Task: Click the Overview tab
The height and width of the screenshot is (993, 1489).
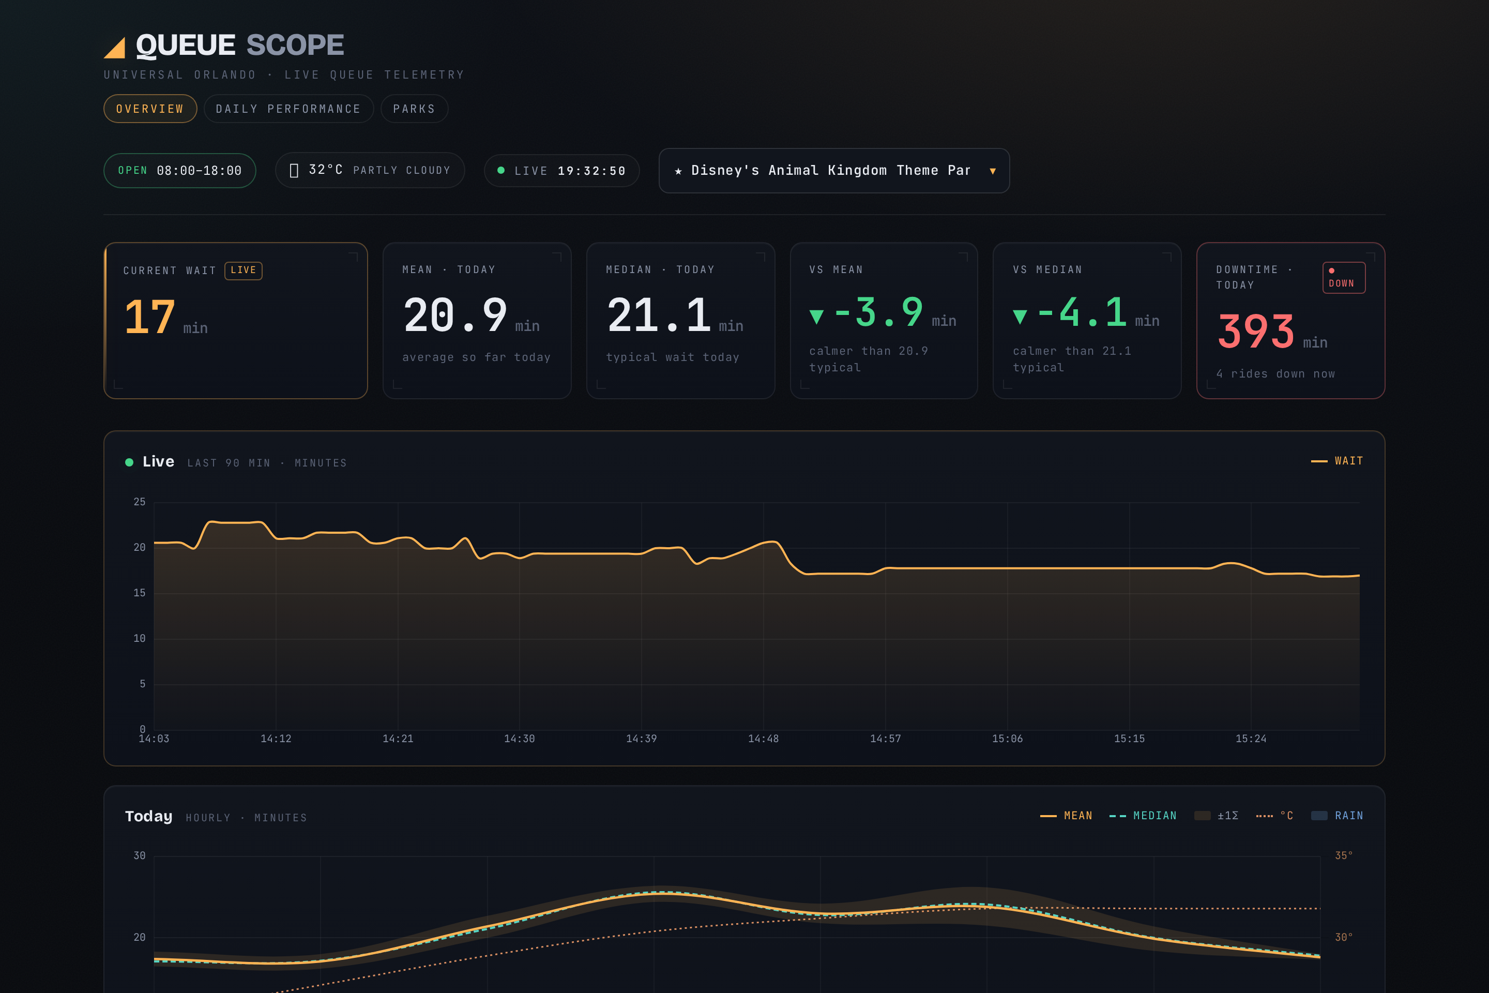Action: pyautogui.click(x=150, y=109)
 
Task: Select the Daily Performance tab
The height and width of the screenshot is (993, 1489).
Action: pyautogui.click(x=288, y=109)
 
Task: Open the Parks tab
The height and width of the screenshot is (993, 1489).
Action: pyautogui.click(x=414, y=109)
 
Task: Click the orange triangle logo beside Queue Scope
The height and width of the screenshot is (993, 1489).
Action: pyautogui.click(x=115, y=48)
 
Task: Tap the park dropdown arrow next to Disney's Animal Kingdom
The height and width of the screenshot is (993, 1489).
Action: pyautogui.click(x=993, y=171)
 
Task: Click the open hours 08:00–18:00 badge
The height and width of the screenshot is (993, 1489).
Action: pyautogui.click(x=180, y=170)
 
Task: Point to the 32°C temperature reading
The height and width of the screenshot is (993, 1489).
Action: pyautogui.click(x=325, y=170)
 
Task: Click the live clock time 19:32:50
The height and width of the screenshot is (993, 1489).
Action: pyautogui.click(x=591, y=171)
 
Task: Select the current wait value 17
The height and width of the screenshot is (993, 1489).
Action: pyautogui.click(x=150, y=317)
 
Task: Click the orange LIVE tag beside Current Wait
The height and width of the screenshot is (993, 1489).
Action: pyautogui.click(x=243, y=270)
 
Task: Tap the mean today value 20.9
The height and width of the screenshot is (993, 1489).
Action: pyautogui.click(x=455, y=315)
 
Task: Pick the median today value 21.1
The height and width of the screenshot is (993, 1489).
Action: pyautogui.click(x=658, y=315)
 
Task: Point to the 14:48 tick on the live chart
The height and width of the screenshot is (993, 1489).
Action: pyautogui.click(x=764, y=739)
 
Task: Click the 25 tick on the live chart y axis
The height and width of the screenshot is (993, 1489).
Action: pyautogui.click(x=139, y=502)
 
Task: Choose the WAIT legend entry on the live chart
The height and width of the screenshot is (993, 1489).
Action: pyautogui.click(x=1337, y=461)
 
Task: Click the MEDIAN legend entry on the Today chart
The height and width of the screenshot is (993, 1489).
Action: pyautogui.click(x=1143, y=816)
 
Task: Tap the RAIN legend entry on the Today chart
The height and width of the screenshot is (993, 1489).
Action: pyautogui.click(x=1337, y=816)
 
